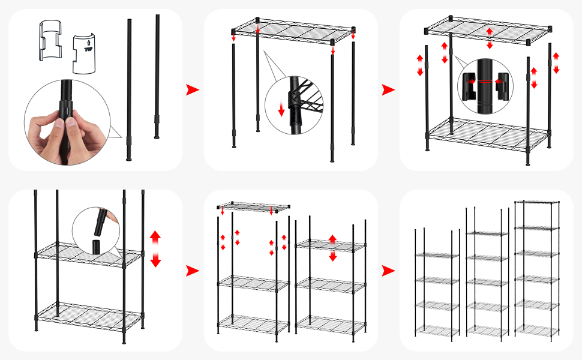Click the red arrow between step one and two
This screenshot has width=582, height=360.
(x=192, y=90)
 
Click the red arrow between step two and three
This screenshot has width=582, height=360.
(x=388, y=90)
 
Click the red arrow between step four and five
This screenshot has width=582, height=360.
(x=192, y=271)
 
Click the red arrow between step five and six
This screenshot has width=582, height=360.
(x=388, y=271)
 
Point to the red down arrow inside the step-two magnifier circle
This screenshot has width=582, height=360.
(x=281, y=110)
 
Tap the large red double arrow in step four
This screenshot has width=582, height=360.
(x=155, y=248)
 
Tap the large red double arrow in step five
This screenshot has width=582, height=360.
(x=332, y=248)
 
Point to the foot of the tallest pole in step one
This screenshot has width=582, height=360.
(x=129, y=158)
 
